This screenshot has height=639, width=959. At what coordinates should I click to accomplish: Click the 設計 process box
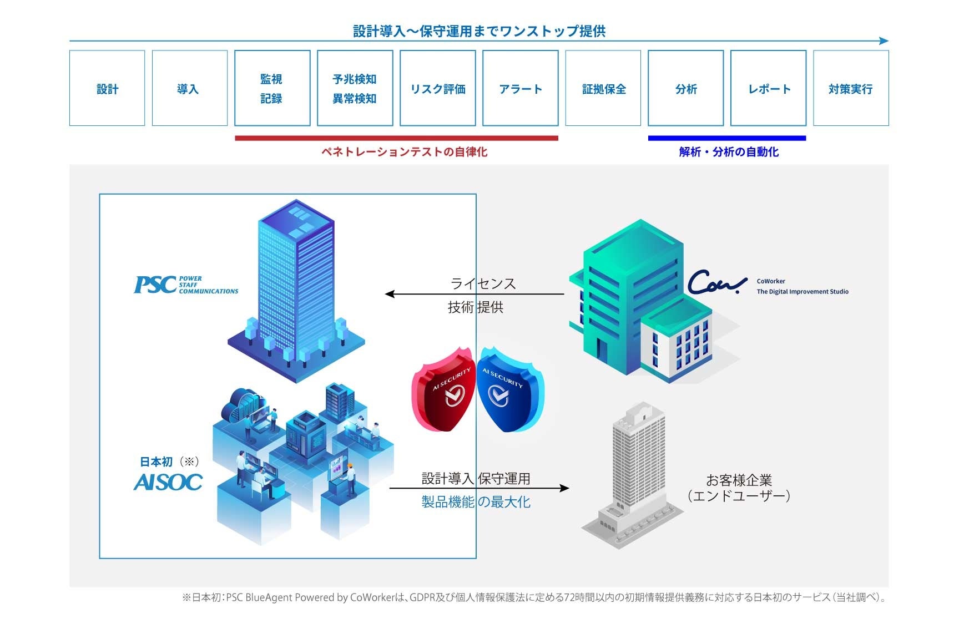tap(107, 88)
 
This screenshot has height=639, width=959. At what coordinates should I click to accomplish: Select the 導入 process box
tap(190, 88)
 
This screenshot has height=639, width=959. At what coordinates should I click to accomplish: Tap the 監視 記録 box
tap(272, 88)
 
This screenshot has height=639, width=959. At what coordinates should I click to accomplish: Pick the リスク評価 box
tap(438, 88)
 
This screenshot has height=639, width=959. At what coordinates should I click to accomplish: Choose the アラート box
tap(520, 88)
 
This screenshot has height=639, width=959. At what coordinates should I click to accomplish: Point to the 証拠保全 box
tap(603, 88)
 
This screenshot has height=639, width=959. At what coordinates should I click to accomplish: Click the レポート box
tap(768, 88)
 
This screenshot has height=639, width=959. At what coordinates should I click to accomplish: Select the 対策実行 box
tap(851, 88)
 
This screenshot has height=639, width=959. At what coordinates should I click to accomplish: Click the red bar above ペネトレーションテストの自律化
tap(396, 138)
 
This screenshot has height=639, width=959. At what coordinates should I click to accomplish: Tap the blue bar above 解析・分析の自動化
tap(727, 138)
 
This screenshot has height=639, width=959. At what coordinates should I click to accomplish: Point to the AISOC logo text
tap(168, 482)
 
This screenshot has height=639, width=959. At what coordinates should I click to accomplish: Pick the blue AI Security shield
tap(509, 389)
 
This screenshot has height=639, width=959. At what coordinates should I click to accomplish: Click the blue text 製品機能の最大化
tap(476, 502)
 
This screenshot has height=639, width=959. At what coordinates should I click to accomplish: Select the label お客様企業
tap(739, 480)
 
